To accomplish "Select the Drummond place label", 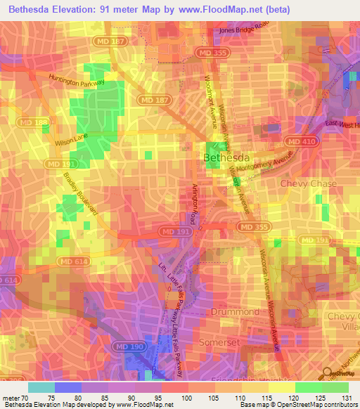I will coord(234,310).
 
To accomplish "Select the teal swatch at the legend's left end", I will coord(41,387).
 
